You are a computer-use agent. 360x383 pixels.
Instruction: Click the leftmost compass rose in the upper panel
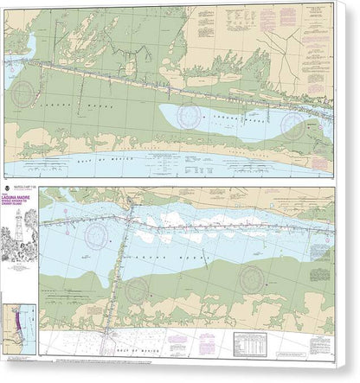tap(33, 92)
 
